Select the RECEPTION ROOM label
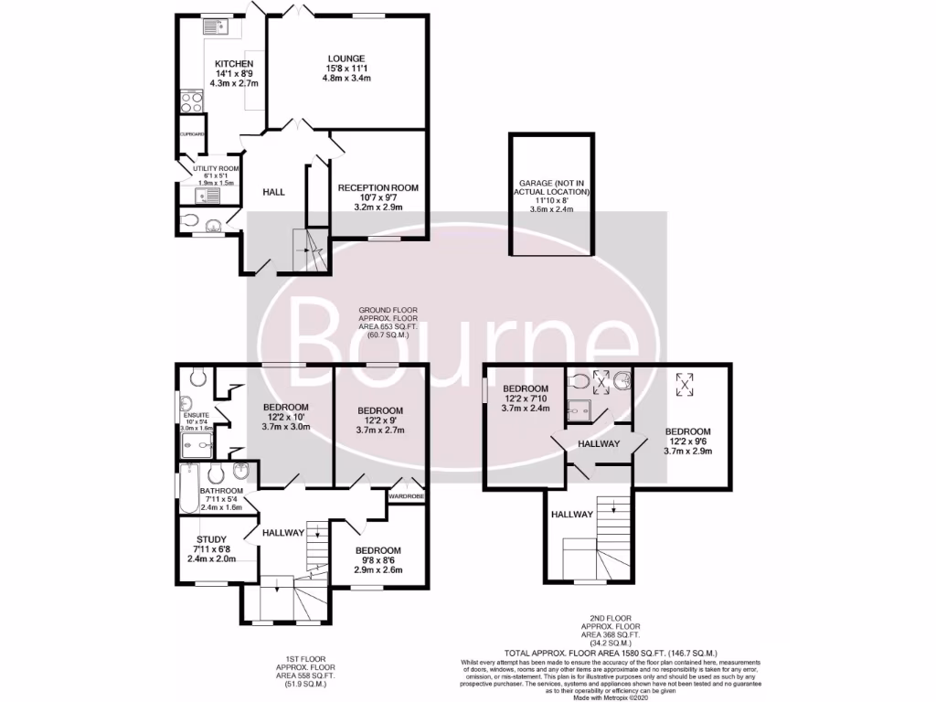tap(378, 187)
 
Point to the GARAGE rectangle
tap(550, 197)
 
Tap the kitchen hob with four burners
tap(192, 101)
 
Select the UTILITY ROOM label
tap(216, 169)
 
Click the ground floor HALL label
tap(273, 192)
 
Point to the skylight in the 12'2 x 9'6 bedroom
tap(684, 385)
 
